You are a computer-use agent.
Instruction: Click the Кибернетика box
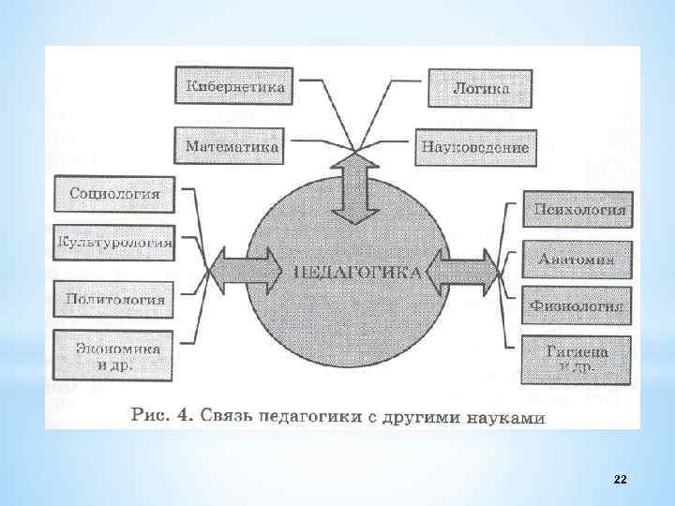(x=230, y=87)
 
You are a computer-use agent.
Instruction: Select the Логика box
(x=481, y=88)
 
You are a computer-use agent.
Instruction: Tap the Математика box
(x=232, y=147)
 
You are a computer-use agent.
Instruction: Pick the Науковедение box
(x=475, y=147)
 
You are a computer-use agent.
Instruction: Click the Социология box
(x=114, y=195)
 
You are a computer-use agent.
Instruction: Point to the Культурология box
(x=114, y=244)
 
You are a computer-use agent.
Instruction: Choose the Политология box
(x=114, y=300)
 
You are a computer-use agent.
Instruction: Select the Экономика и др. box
(x=114, y=355)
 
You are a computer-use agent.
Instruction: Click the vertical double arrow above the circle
(x=353, y=189)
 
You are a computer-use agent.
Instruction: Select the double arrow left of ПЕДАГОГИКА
(x=246, y=272)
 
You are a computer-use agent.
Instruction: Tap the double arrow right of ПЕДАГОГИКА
(x=464, y=273)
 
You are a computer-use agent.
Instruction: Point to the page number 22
(x=620, y=480)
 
